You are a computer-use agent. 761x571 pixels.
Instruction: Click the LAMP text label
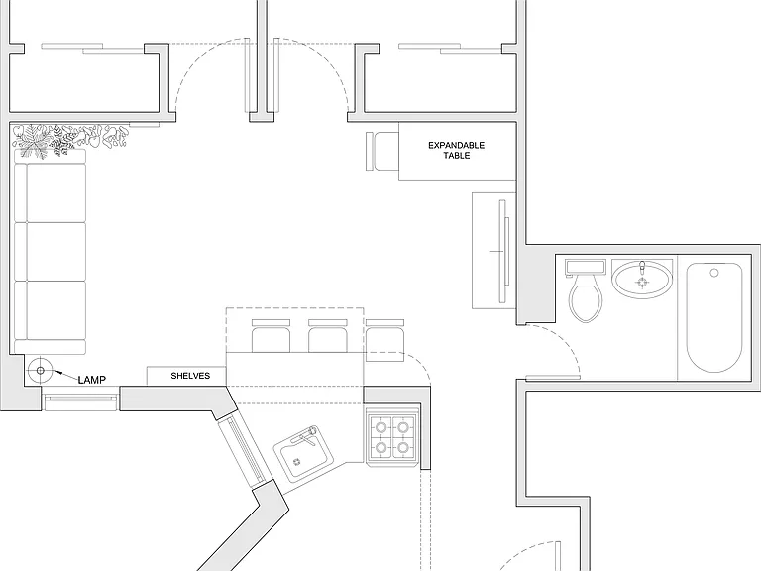point(92,380)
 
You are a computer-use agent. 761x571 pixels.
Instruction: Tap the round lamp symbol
point(41,371)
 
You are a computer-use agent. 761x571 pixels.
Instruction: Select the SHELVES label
point(190,376)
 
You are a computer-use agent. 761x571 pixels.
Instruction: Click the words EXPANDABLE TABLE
point(456,150)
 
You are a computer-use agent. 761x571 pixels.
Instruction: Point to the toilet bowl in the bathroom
point(586,299)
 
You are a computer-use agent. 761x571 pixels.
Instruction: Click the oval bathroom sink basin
point(642,280)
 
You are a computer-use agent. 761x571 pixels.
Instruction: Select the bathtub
point(713,317)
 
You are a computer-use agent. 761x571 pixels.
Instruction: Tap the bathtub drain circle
point(713,273)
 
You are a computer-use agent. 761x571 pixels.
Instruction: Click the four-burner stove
point(392,438)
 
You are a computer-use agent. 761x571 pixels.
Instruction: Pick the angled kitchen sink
point(303,454)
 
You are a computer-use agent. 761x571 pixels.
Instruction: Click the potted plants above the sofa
point(70,140)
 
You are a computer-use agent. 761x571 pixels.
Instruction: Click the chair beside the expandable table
point(381,151)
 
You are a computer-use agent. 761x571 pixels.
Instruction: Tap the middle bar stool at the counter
point(328,336)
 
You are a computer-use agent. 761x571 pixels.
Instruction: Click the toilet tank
point(586,267)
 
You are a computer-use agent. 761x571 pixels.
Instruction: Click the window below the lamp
point(80,399)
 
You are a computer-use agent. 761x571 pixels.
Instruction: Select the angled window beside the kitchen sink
point(243,452)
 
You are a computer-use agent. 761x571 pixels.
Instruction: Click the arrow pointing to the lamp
point(65,375)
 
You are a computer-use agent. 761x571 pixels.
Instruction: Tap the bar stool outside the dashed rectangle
point(384,340)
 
